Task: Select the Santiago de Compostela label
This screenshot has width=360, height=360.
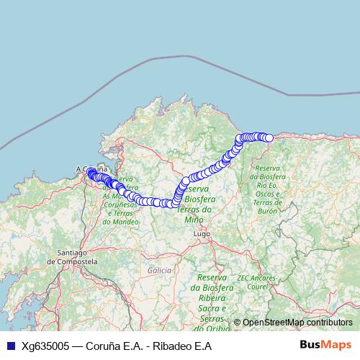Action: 77,256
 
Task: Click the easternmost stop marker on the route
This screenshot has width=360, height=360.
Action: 269,138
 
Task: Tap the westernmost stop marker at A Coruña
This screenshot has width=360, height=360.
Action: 91,172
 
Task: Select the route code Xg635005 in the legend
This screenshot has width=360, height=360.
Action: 48,345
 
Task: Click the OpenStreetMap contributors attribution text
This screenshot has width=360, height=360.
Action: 297,322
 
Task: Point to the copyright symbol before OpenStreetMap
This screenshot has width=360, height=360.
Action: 238,322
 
